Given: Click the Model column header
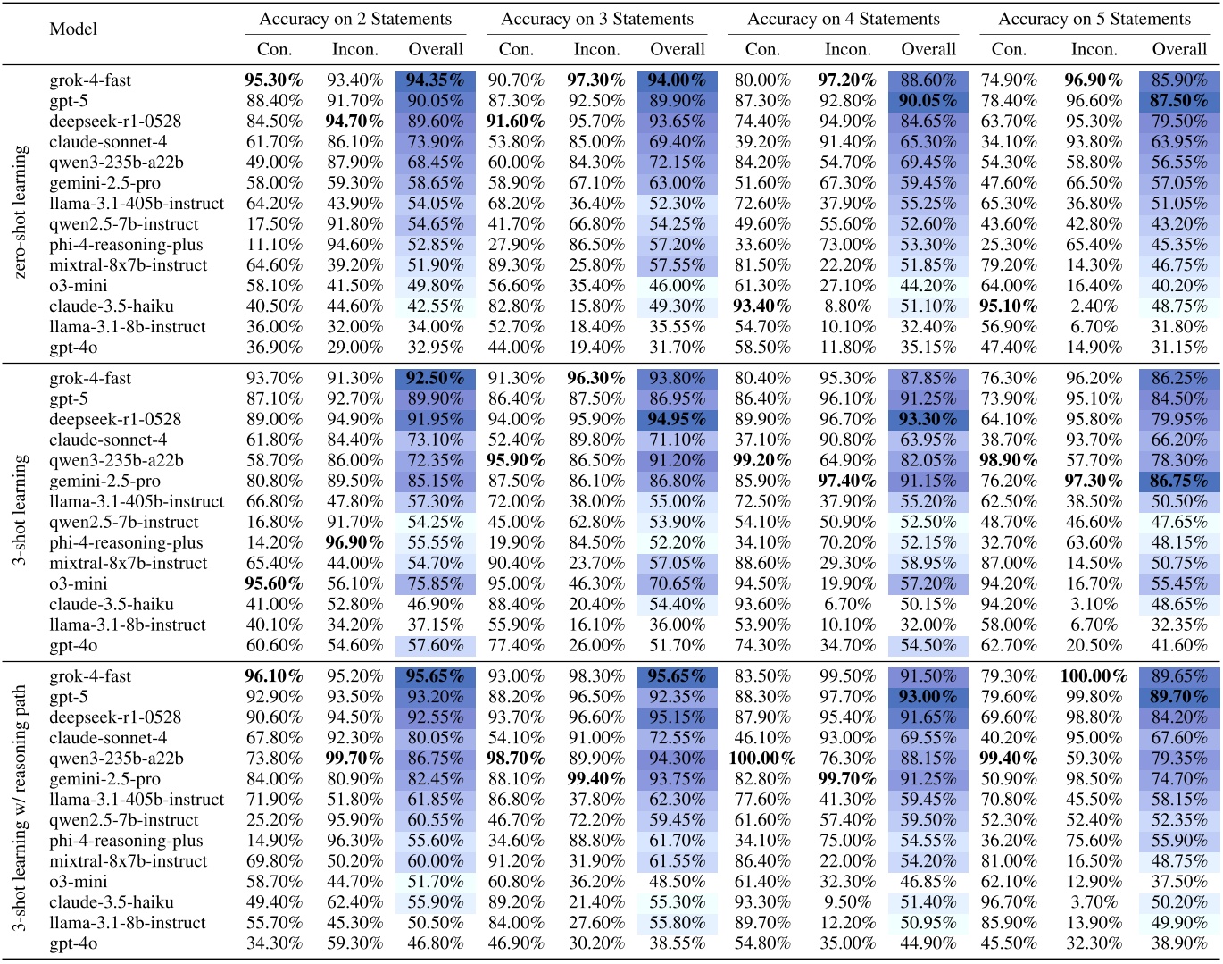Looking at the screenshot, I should [x=73, y=29].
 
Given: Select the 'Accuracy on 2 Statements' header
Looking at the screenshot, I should [x=355, y=19].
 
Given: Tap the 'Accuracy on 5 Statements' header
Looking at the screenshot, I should [x=1094, y=19].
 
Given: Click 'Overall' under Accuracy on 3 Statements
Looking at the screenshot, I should [x=678, y=49].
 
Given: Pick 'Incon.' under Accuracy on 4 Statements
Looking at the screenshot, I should [x=847, y=49].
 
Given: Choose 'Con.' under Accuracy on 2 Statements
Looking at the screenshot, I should [x=274, y=49].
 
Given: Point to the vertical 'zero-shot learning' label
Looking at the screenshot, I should [x=21, y=213].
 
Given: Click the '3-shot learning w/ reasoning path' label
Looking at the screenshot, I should [x=21, y=809].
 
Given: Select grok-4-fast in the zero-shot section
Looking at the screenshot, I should [x=90, y=80].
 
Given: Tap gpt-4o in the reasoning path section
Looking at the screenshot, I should [x=73, y=943].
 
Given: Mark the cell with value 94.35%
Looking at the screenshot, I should [x=435, y=80].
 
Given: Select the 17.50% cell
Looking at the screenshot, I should [x=274, y=224].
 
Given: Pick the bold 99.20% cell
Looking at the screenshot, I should [x=761, y=461].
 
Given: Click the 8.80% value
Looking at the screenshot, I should [x=847, y=306].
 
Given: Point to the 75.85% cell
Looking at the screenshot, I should [x=435, y=584].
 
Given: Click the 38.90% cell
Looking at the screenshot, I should [x=1178, y=943].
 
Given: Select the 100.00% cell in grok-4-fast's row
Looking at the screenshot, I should [x=1094, y=676].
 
